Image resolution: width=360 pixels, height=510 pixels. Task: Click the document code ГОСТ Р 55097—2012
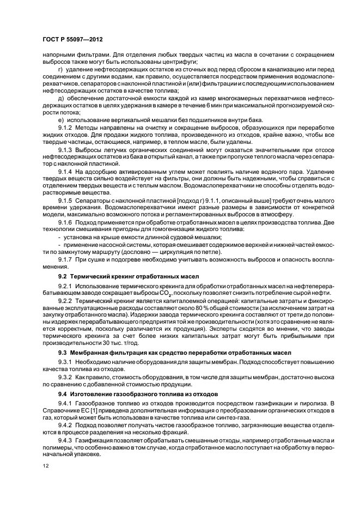[x=72, y=40]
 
